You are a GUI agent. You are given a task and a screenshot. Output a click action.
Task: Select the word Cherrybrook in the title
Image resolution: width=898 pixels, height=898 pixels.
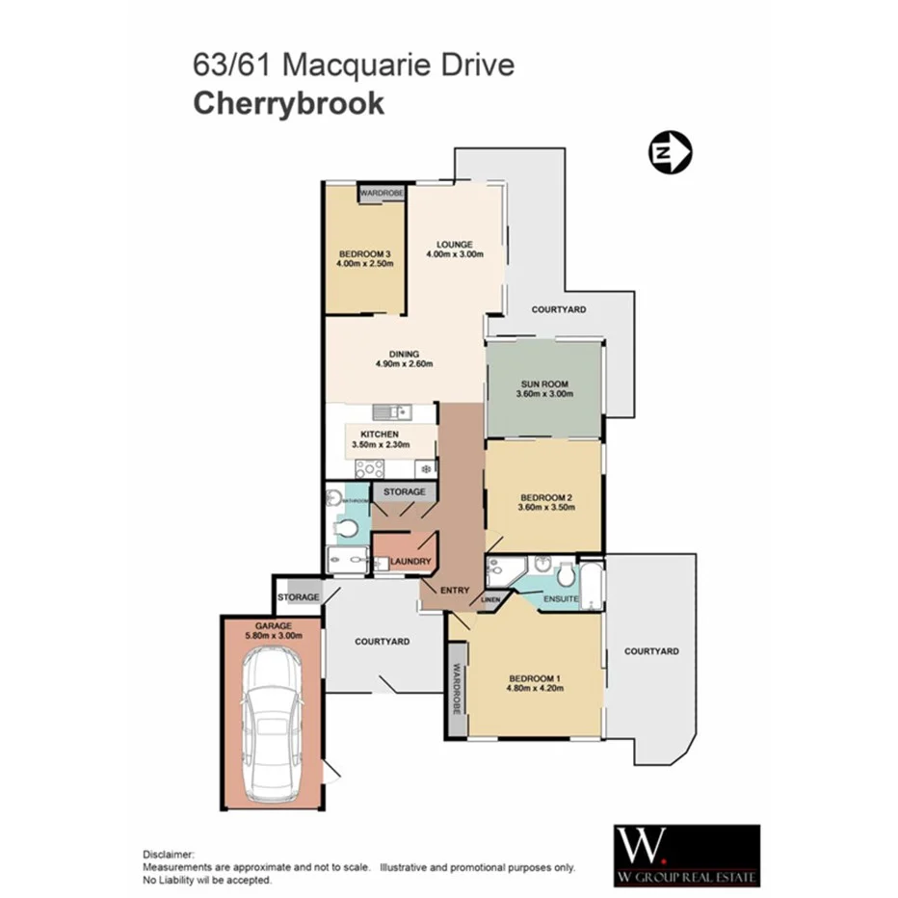(289, 103)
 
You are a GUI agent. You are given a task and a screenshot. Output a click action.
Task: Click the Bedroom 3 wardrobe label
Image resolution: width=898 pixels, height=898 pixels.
(382, 194)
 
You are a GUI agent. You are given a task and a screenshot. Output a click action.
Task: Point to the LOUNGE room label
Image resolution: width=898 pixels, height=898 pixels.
(454, 243)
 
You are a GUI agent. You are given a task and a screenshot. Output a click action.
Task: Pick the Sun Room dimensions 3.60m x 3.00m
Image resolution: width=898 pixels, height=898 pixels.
(545, 394)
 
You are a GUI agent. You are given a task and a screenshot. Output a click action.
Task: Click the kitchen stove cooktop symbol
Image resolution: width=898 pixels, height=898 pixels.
(369, 469)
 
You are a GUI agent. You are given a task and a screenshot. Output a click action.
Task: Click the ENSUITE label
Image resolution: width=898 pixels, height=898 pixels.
(562, 599)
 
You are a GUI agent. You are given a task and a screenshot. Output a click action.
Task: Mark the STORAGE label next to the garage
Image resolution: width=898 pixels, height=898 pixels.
(299, 597)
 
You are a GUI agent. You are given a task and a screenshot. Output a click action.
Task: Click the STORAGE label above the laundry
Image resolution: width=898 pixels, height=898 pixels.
(404, 492)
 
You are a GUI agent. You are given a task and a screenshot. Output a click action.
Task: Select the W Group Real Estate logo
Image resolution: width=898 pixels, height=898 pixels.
(687, 855)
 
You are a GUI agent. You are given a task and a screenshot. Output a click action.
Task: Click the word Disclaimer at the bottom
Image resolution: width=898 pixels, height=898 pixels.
(170, 855)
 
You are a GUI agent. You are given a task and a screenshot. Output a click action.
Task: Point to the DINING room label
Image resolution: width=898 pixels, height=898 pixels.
(404, 354)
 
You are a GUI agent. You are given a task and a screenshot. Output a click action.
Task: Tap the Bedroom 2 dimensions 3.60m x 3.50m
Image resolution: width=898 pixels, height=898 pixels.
(545, 508)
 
